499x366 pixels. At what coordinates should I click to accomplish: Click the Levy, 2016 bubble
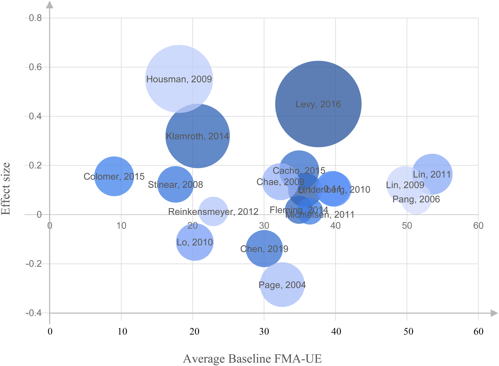coord(318,104)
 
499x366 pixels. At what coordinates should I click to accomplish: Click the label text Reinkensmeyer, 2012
coord(213,212)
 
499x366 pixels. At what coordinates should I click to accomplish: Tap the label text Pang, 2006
coord(416,199)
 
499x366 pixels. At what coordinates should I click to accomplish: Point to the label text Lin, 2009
coord(405,185)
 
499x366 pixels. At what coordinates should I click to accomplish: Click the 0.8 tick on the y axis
coord(35,18)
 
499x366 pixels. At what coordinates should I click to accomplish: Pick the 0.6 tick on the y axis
coord(35,67)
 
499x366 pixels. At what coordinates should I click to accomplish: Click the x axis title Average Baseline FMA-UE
coord(252,359)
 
